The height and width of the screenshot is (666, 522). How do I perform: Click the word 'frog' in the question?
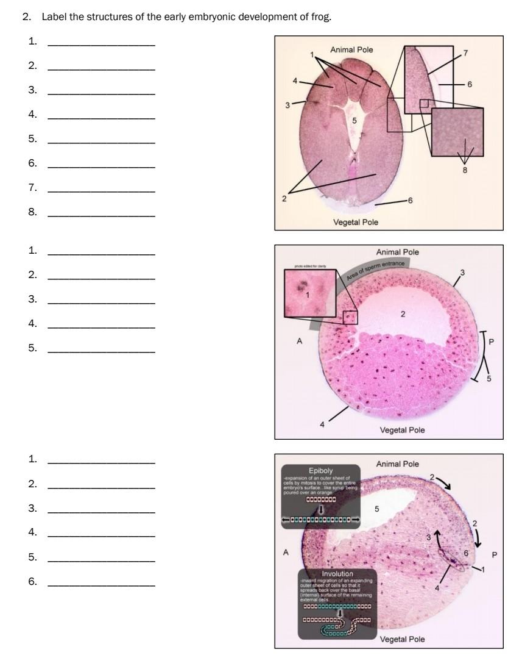322,16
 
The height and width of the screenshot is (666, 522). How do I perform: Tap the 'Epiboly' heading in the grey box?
320,471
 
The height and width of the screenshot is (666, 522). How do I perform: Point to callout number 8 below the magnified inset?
465,170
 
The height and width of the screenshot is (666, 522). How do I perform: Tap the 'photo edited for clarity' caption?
311,267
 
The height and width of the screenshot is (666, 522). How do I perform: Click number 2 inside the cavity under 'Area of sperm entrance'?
403,313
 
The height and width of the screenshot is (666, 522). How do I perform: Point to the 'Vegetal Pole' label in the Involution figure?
402,639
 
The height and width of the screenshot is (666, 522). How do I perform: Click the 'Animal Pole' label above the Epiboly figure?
397,464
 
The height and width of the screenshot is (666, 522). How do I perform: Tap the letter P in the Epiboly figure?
495,554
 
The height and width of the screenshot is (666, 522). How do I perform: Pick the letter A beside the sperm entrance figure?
299,342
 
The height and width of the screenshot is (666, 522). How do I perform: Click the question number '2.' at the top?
27,16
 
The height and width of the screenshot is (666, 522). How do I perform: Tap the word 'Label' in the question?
52,16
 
